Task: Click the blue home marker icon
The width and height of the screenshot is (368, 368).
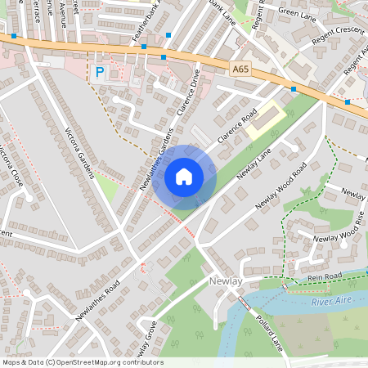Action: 184,177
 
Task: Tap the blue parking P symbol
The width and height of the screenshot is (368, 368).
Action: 100,72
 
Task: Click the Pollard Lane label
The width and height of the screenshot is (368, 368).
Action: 268,329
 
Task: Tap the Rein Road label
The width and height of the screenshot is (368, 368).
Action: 324,278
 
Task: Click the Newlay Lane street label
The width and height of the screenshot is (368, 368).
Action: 254,165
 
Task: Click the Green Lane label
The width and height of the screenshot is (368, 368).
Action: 295,12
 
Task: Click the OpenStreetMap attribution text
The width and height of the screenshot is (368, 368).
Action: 83,362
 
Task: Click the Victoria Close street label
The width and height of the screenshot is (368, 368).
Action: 12,168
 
